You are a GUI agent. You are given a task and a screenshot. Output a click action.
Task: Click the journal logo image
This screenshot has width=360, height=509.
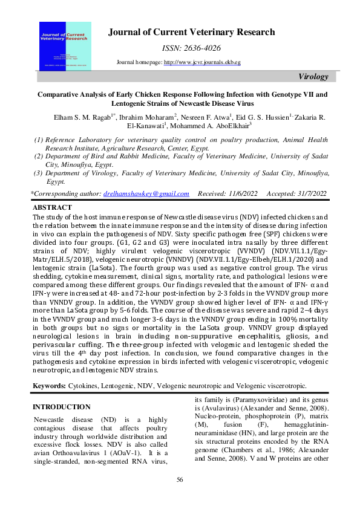pyautogui.click(x=65, y=45)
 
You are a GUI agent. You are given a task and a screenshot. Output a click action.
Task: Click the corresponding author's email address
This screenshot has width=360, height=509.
pyautogui.click(x=146, y=193)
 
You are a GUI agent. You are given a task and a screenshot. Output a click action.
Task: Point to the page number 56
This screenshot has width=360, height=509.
pyautogui.click(x=180, y=479)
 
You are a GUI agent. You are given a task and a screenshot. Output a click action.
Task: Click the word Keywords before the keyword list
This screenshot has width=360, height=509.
pyautogui.click(x=50, y=384)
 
